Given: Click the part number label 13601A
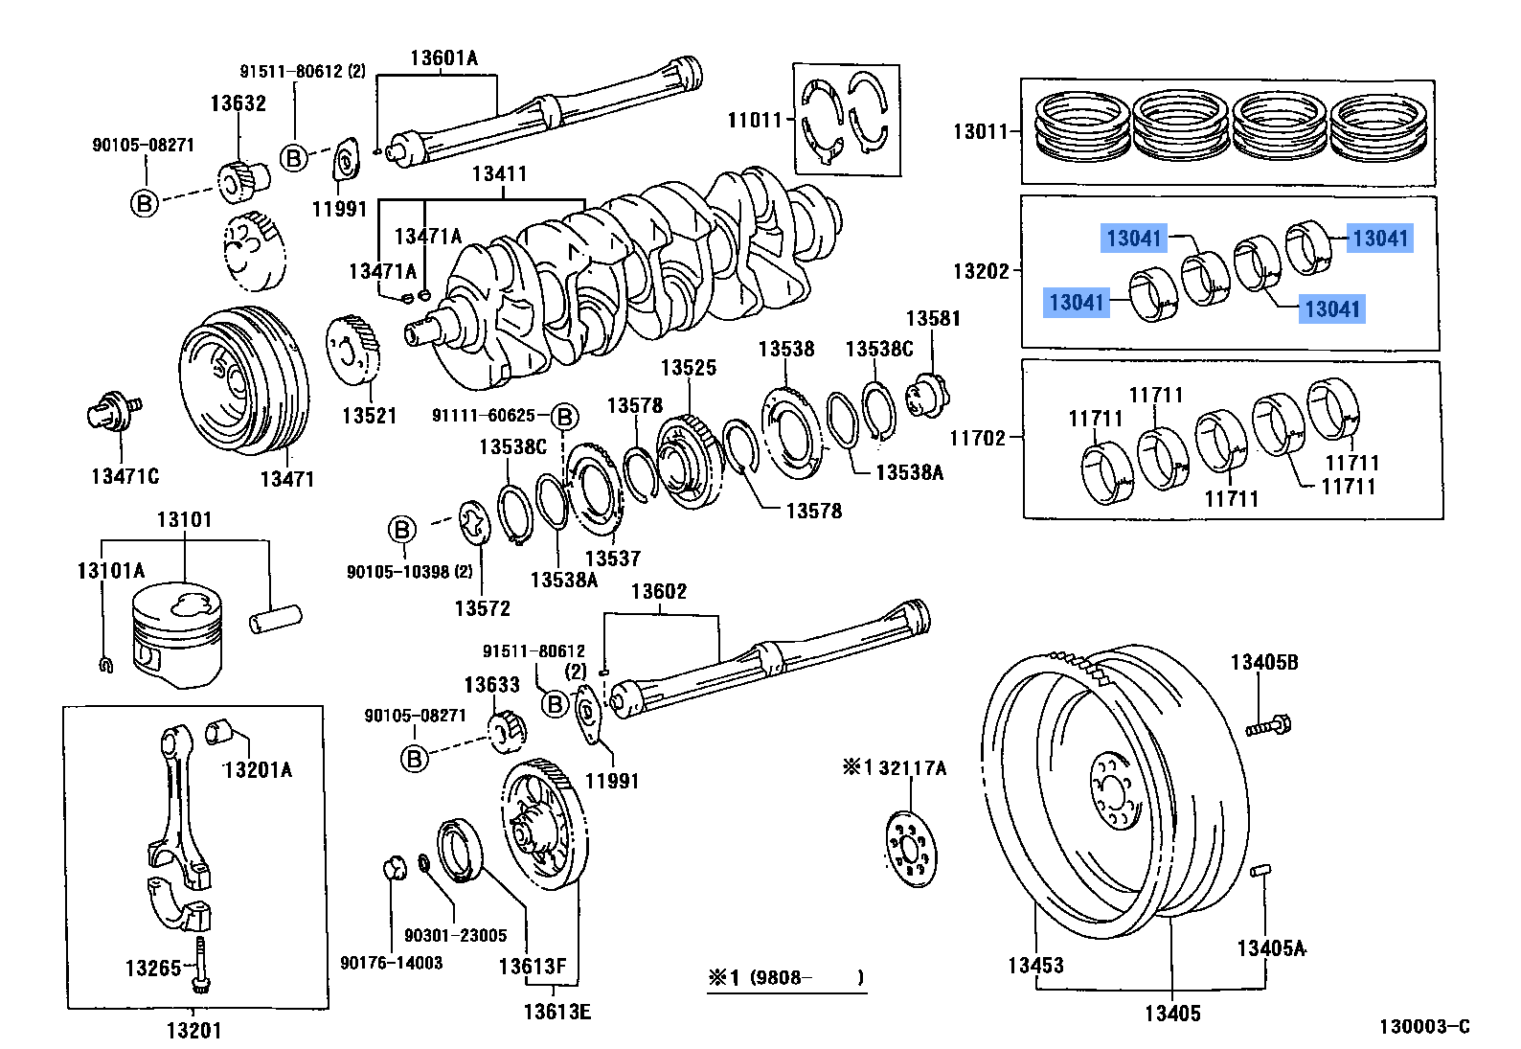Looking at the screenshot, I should click(x=443, y=58).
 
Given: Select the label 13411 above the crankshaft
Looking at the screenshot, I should click(x=499, y=174).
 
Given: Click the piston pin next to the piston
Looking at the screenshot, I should click(x=275, y=618).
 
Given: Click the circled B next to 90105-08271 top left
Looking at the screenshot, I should click(x=144, y=203).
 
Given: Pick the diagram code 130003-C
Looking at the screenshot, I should click(x=1423, y=1027).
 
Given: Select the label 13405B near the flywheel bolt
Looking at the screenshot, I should click(x=1264, y=662).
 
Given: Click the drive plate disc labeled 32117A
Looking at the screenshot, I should click(x=908, y=849).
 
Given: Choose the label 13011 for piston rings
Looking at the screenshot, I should click(x=979, y=131).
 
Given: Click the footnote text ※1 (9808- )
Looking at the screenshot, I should click(x=786, y=978).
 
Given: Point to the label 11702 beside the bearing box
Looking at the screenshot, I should click(x=977, y=438).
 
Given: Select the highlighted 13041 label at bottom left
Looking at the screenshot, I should click(x=1077, y=303).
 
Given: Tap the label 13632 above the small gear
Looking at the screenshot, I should click(x=238, y=103).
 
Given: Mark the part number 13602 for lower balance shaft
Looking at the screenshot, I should click(x=659, y=591).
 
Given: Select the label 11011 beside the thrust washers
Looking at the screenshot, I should click(x=755, y=120).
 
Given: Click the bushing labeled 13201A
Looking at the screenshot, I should click(x=221, y=733).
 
